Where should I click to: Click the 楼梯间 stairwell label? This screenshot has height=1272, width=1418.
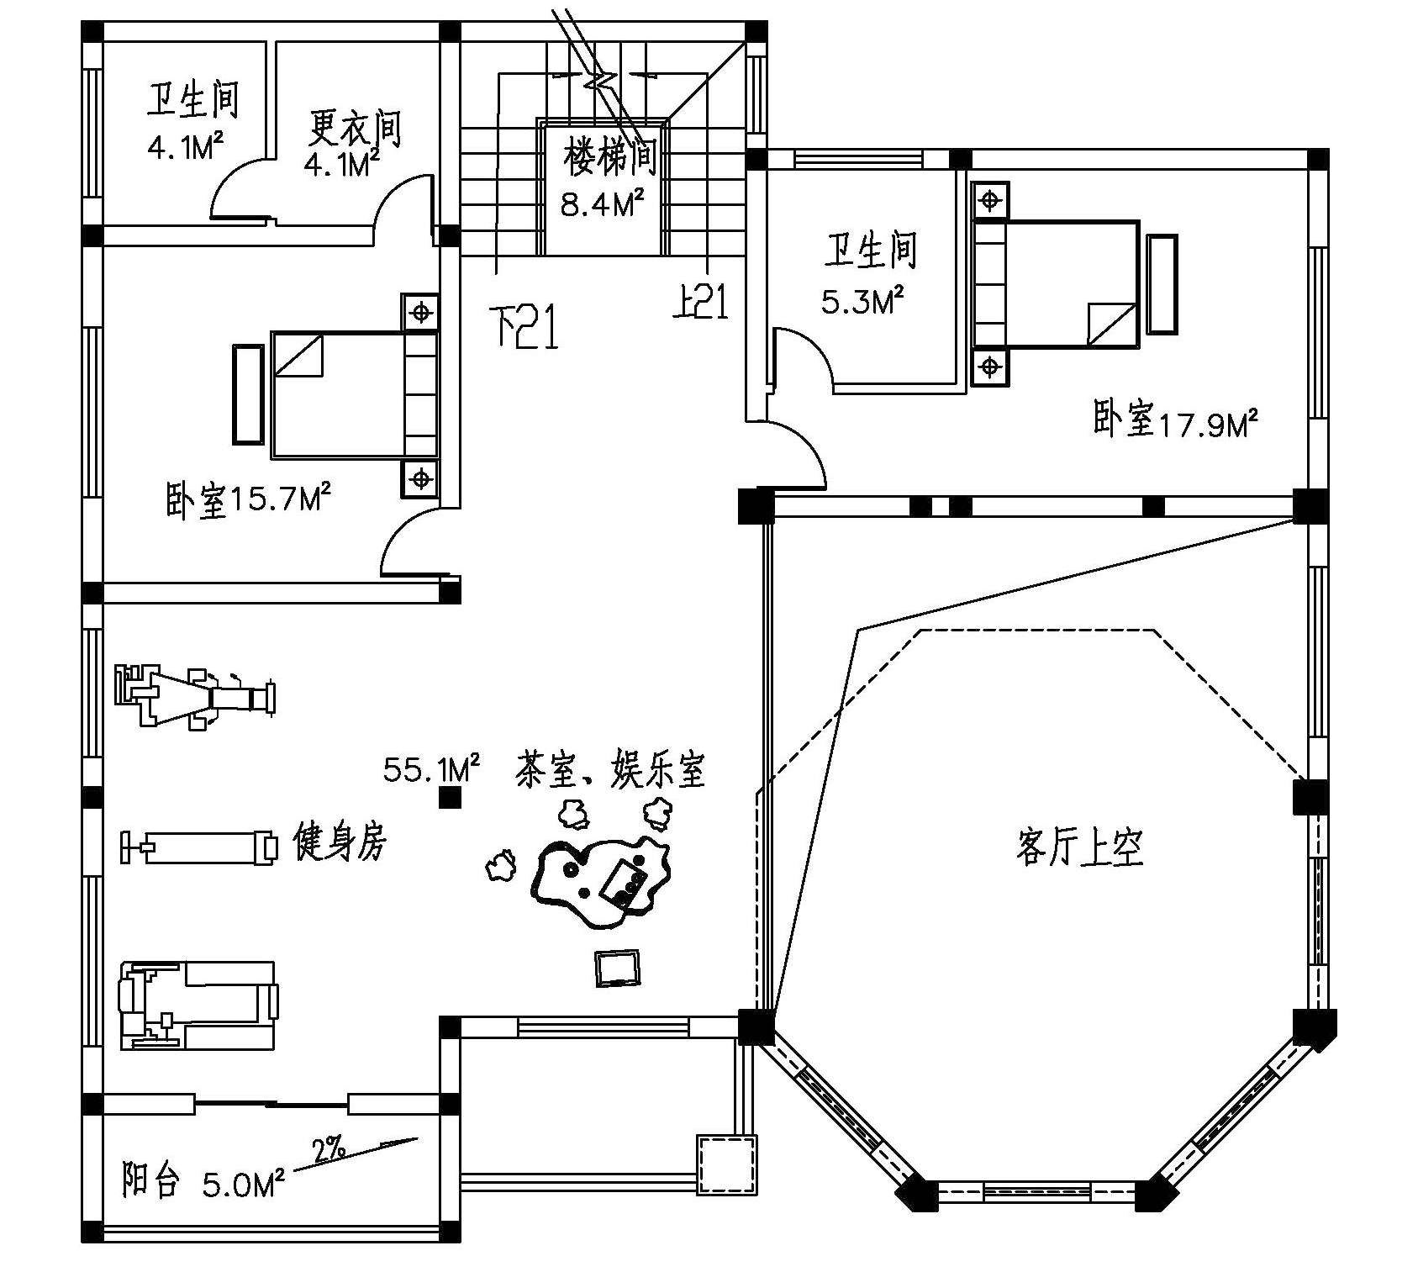pyautogui.click(x=609, y=157)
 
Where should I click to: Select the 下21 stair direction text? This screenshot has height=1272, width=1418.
pyautogui.click(x=525, y=327)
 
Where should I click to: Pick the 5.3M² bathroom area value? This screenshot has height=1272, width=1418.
pyautogui.click(x=862, y=300)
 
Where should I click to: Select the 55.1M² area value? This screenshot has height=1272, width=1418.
pyautogui.click(x=431, y=768)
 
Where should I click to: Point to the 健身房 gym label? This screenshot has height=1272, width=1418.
pyautogui.click(x=340, y=841)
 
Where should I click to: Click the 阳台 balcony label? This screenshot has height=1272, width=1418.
pyautogui.click(x=151, y=1180)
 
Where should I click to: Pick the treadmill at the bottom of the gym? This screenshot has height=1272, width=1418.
pyautogui.click(x=198, y=1005)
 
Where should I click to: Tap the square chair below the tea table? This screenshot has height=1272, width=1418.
pyautogui.click(x=617, y=969)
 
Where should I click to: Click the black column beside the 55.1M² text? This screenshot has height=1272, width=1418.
pyautogui.click(x=451, y=797)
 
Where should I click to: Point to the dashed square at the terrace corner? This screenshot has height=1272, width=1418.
pyautogui.click(x=727, y=1164)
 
